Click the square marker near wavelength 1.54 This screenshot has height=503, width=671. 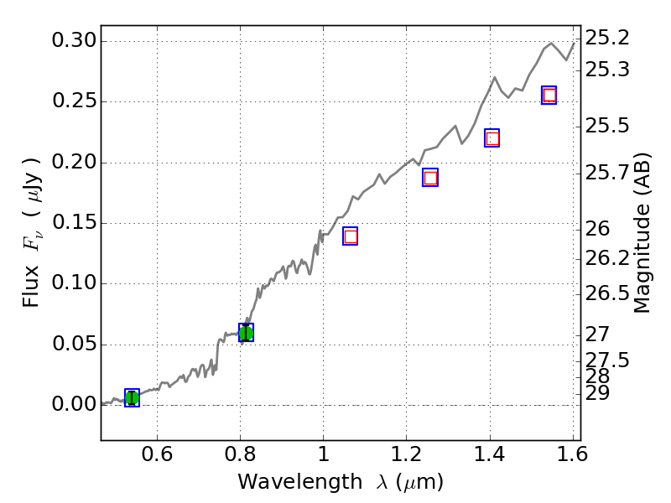coord(549,95)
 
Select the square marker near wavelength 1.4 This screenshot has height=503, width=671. coord(492,138)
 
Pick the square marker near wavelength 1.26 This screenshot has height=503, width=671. coord(430,177)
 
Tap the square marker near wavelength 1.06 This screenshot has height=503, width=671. coord(350,236)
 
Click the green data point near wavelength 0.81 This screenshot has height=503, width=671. coord(246,333)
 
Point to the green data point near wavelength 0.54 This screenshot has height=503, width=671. coord(132,397)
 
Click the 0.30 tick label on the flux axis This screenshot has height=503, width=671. coord(74,41)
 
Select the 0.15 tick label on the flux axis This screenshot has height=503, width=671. coord(74,223)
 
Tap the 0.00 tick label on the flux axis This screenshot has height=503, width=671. coord(74,405)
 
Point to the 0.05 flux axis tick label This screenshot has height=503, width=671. coord(74,345)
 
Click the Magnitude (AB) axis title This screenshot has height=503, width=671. coord(642,233)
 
